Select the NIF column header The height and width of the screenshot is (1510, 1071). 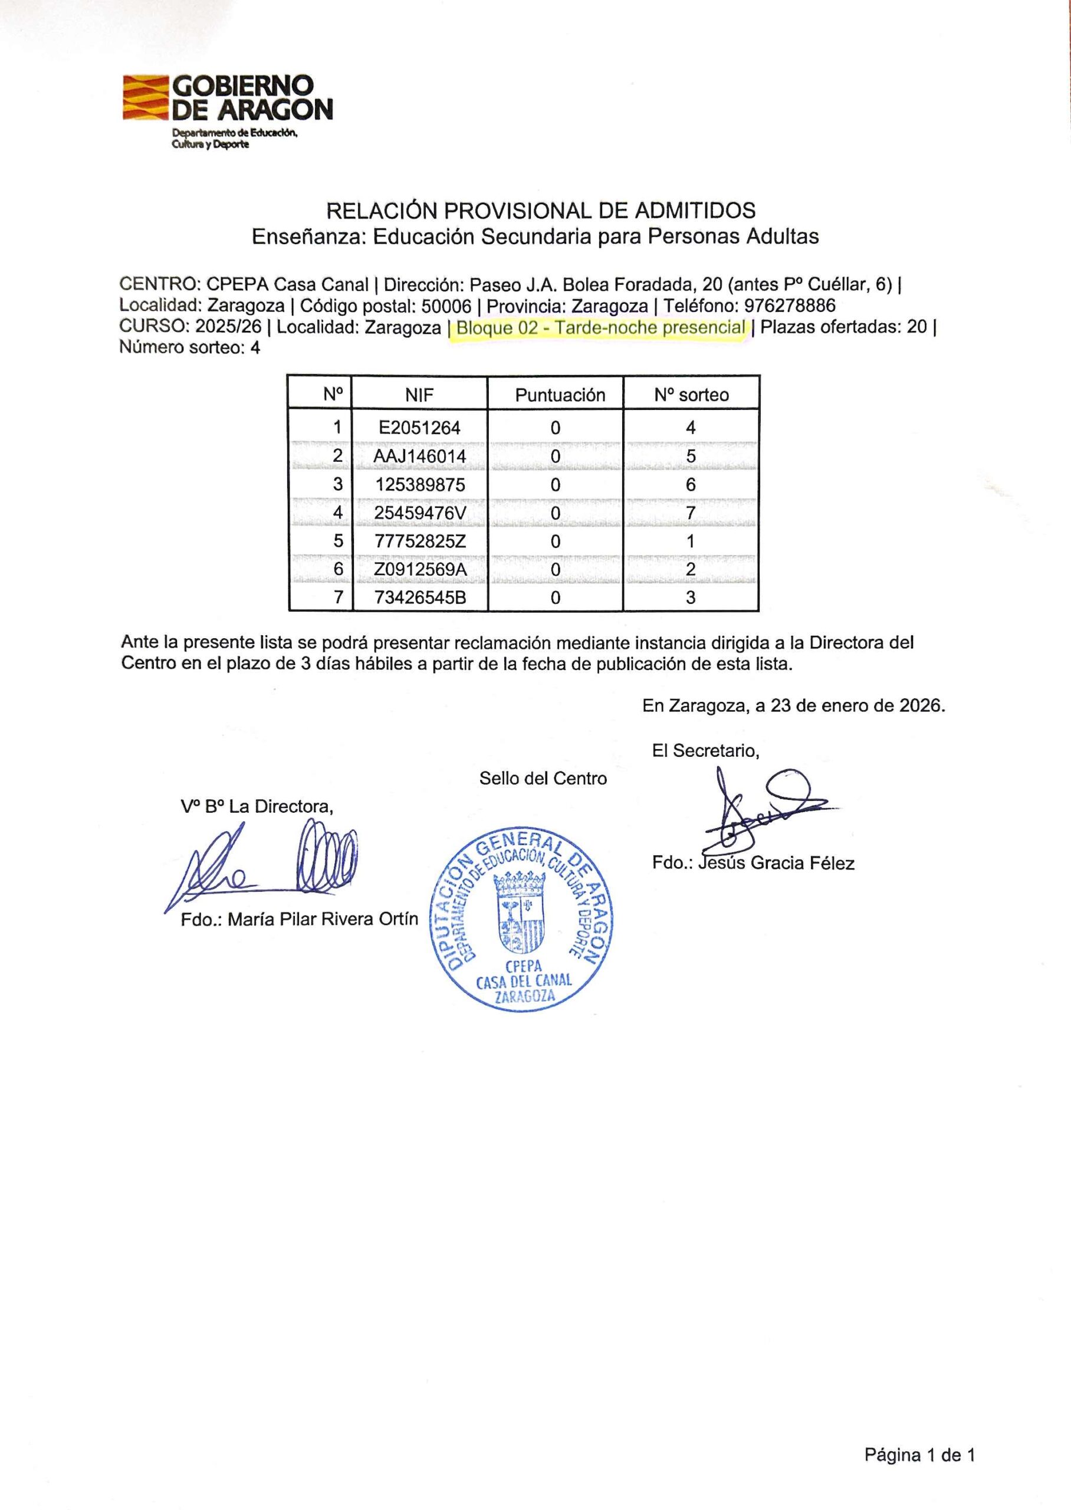[x=419, y=395]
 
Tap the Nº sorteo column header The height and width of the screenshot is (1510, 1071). [x=691, y=395]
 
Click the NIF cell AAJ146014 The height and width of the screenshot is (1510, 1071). [x=419, y=457]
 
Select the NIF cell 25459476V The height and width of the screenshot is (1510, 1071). [x=419, y=513]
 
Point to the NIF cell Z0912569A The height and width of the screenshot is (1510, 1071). [x=419, y=569]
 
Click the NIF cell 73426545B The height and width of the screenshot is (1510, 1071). [x=419, y=598]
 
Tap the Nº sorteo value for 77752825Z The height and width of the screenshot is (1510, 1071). [x=691, y=541]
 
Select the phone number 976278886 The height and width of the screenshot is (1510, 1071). [x=790, y=306]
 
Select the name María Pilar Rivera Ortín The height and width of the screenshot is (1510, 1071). [x=323, y=919]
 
